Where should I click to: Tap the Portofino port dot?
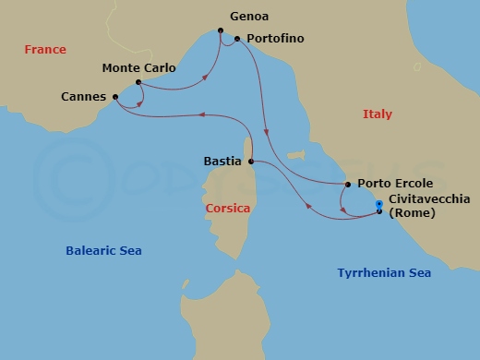click(237, 39)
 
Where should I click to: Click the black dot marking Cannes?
click(115, 97)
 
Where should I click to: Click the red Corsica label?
click(228, 209)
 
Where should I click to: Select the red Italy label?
click(377, 114)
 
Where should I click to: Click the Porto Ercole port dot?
click(347, 185)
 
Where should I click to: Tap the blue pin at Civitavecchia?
click(379, 205)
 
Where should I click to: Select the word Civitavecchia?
click(429, 198)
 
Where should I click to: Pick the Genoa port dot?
click(222, 31)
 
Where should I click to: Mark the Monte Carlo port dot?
click(138, 83)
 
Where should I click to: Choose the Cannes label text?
click(83, 97)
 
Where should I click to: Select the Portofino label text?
click(275, 40)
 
